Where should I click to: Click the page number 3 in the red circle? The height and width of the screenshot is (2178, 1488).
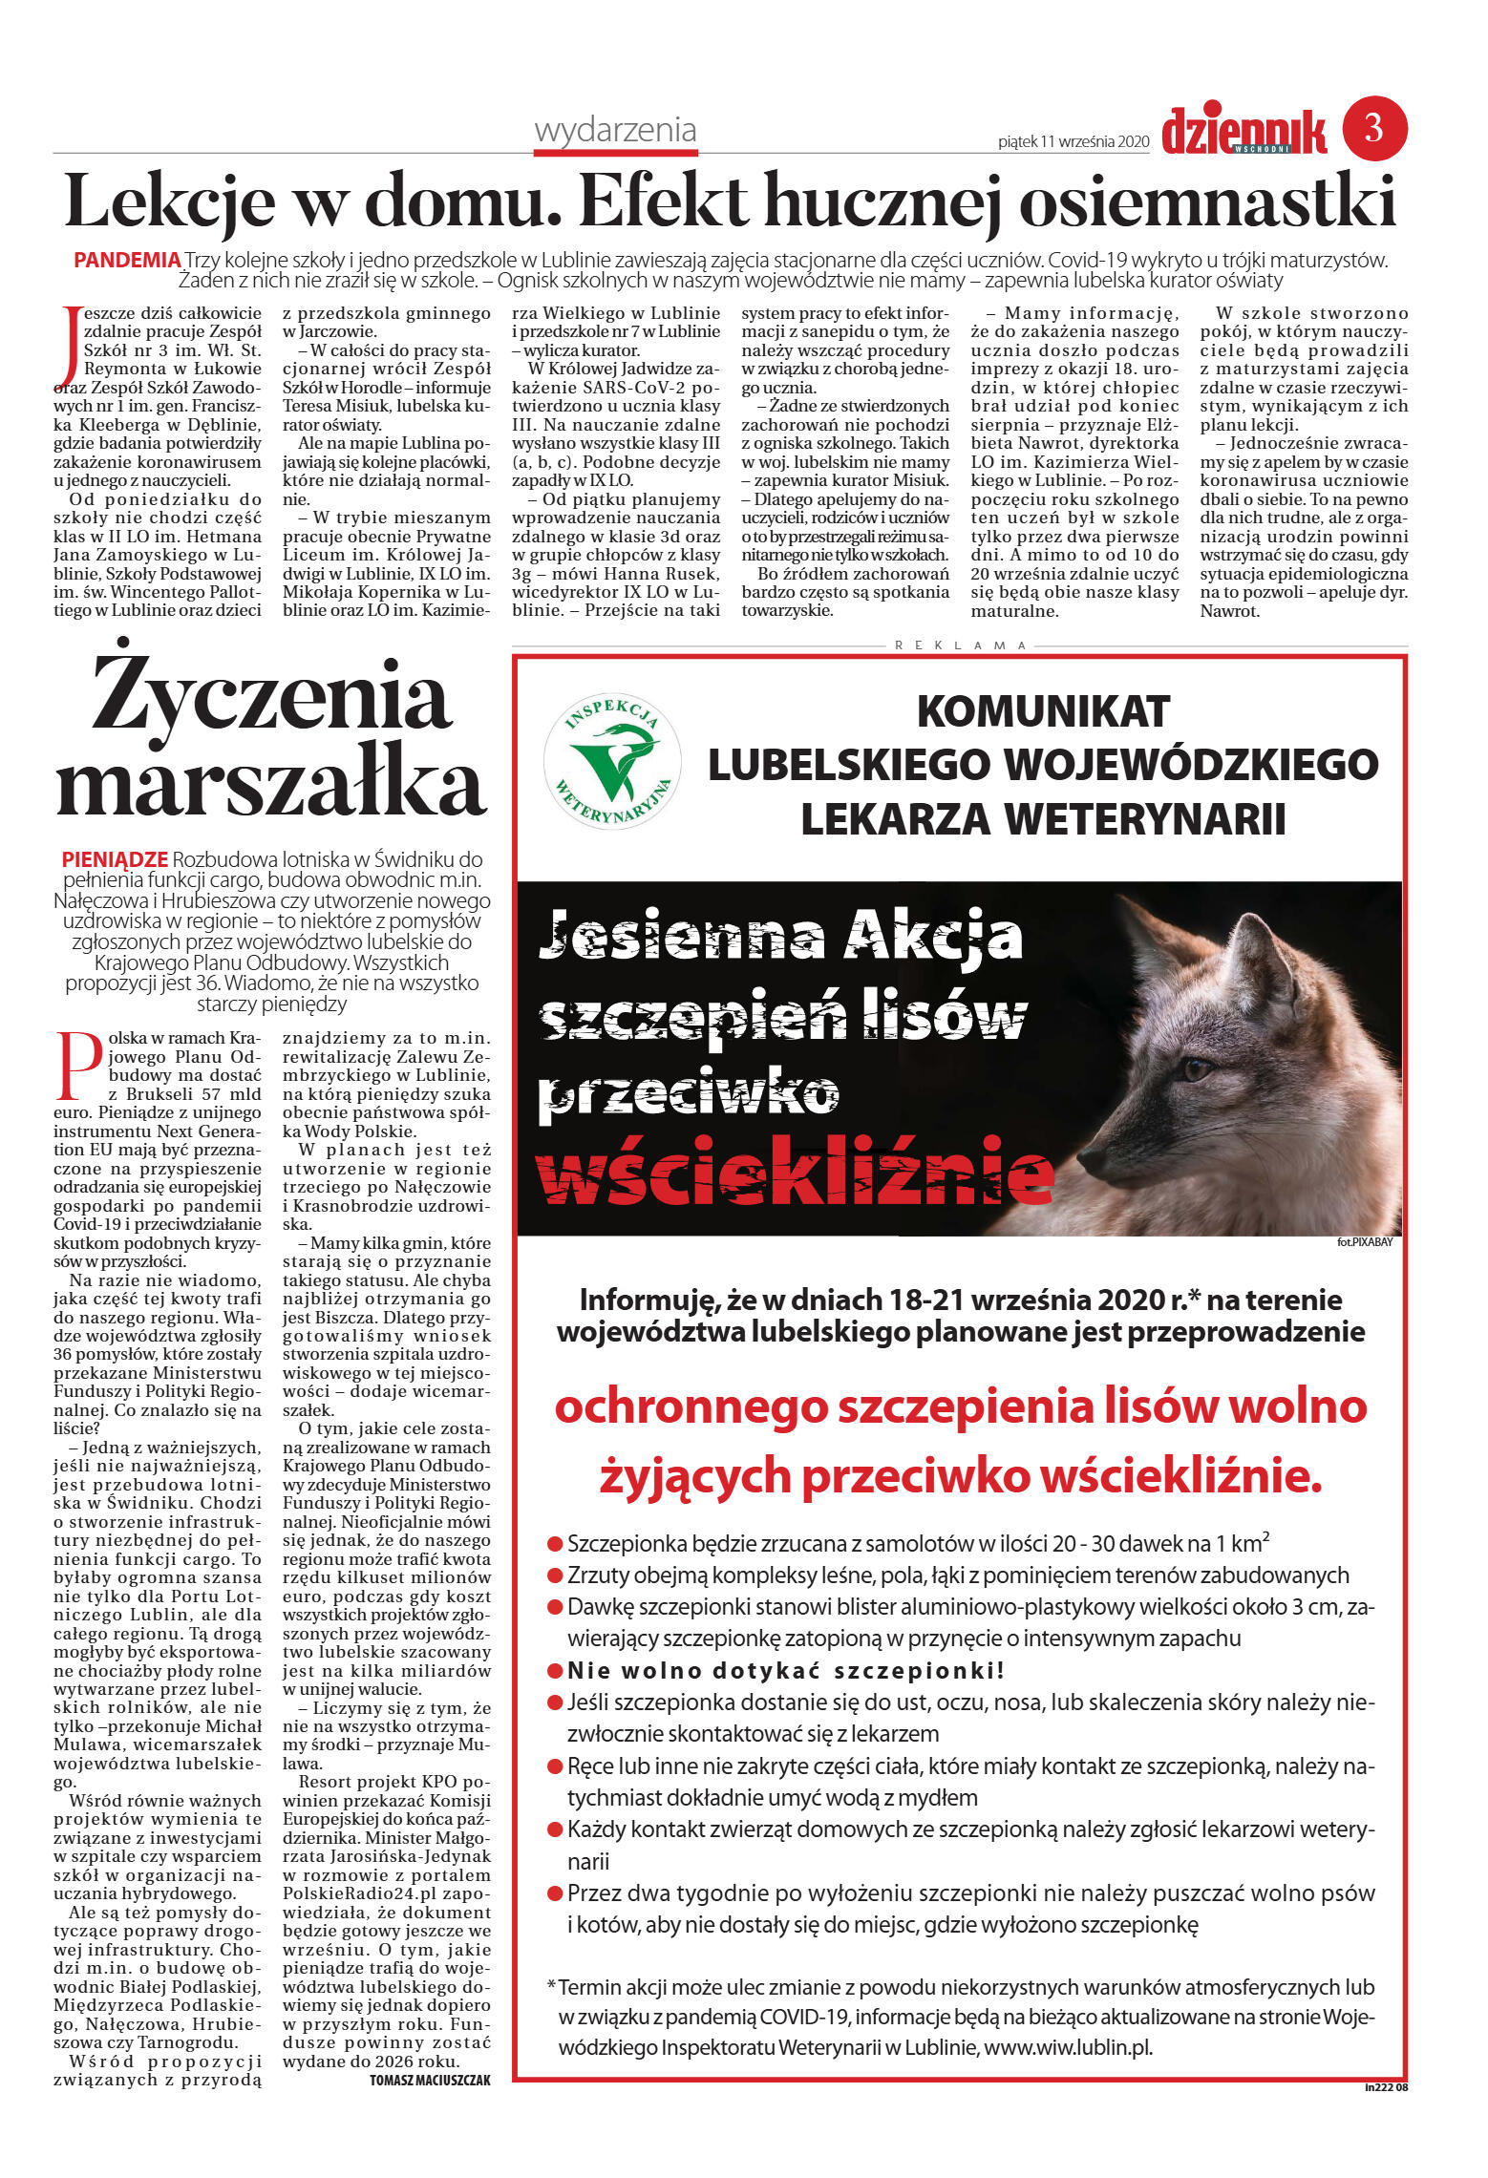pyautogui.click(x=1374, y=128)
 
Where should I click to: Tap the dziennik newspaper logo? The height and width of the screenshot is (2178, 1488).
pyautogui.click(x=1244, y=132)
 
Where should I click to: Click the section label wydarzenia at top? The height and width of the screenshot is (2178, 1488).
pyautogui.click(x=615, y=130)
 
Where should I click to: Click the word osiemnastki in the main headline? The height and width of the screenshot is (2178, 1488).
pyautogui.click(x=1207, y=201)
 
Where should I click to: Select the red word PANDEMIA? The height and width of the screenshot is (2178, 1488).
pyautogui.click(x=127, y=260)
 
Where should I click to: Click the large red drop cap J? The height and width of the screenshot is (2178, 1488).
pyautogui.click(x=67, y=348)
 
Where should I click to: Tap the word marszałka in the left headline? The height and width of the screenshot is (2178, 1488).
pyautogui.click(x=272, y=785)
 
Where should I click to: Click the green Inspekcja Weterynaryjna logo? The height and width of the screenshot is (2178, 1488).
pyautogui.click(x=611, y=759)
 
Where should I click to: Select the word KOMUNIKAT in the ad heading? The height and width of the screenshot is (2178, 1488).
pyautogui.click(x=1043, y=711)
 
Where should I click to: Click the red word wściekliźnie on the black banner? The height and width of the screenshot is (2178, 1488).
pyautogui.click(x=795, y=1176)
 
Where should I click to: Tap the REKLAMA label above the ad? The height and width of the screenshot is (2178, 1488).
pyautogui.click(x=961, y=645)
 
